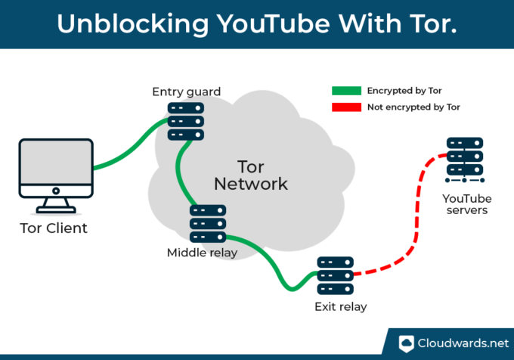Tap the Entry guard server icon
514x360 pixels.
click(186, 121)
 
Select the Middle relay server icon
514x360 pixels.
click(207, 223)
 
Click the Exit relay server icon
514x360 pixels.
click(335, 276)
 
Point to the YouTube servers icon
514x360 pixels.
click(464, 159)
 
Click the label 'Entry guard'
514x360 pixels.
click(186, 92)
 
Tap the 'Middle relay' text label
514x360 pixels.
click(202, 253)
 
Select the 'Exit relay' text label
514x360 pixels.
click(339, 307)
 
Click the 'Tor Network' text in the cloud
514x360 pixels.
click(250, 175)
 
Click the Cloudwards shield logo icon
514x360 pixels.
click(407, 342)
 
